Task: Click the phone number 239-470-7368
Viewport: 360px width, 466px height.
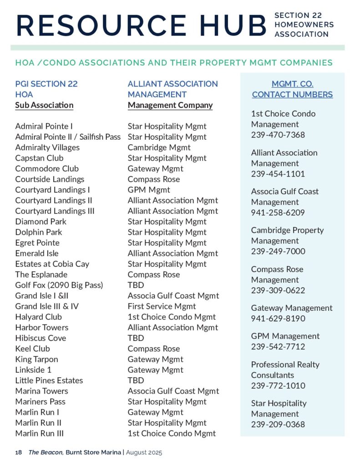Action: click(278, 135)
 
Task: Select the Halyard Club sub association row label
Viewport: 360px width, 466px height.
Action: click(38, 317)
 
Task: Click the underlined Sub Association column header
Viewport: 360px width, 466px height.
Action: click(44, 105)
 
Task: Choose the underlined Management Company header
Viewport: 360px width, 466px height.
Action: click(170, 105)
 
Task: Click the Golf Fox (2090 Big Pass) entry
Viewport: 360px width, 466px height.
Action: click(59, 285)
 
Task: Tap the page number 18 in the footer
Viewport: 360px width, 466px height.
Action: click(18, 453)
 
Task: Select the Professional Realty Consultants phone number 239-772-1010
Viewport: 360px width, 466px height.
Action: click(278, 385)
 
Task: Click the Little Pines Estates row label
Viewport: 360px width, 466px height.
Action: click(49, 380)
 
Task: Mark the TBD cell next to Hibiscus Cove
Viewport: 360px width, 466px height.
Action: click(136, 338)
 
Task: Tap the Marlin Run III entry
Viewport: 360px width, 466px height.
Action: click(39, 433)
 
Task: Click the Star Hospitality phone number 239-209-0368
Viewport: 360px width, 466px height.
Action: click(278, 425)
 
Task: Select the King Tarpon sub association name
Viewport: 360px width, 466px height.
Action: click(36, 359)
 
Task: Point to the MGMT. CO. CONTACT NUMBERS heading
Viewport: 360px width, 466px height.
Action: click(292, 89)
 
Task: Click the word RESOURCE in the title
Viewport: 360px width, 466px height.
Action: click(101, 25)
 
